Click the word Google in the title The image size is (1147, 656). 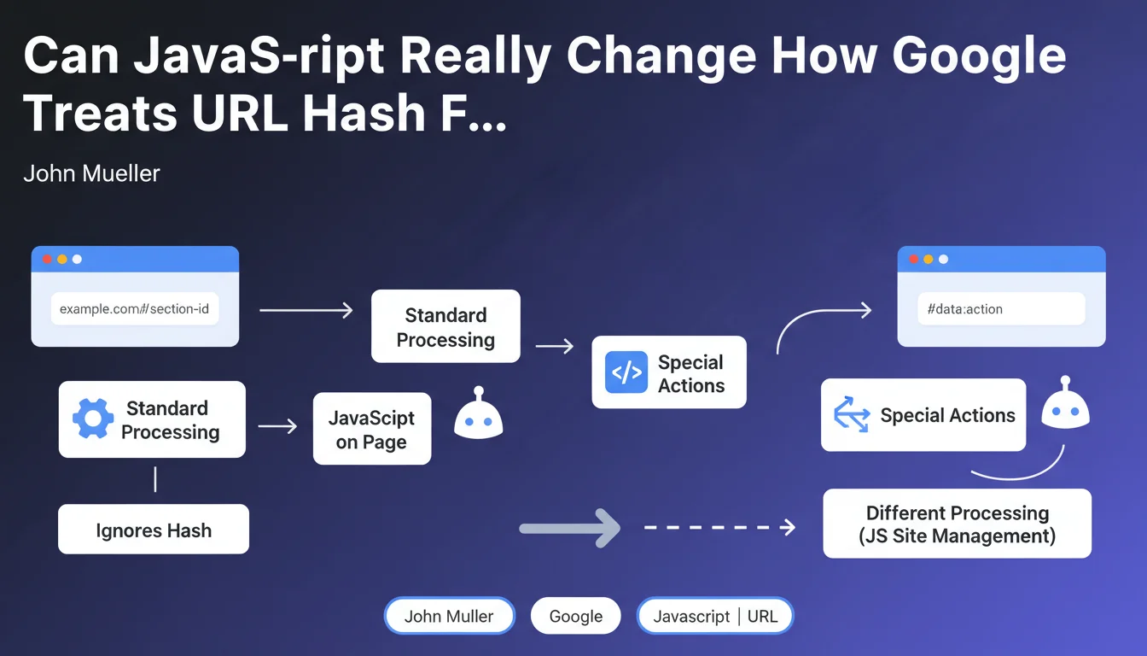pyautogui.click(x=979, y=57)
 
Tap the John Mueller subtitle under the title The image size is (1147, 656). pyautogui.click(x=91, y=173)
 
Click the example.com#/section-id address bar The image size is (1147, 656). pyautogui.click(x=135, y=308)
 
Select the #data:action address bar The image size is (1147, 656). pyautogui.click(x=1001, y=308)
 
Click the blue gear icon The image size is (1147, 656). pyautogui.click(x=93, y=419)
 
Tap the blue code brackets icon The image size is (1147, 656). pyautogui.click(x=626, y=372)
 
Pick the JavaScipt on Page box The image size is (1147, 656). pyautogui.click(x=372, y=429)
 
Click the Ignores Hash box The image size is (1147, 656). pyautogui.click(x=154, y=529)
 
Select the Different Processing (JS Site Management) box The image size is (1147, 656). pyautogui.click(x=957, y=524)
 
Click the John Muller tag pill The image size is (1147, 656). pyautogui.click(x=450, y=616)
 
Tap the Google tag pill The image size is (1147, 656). pyautogui.click(x=575, y=616)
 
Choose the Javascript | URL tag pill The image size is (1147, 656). pyautogui.click(x=715, y=616)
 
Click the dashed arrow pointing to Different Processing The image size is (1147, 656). pyautogui.click(x=720, y=527)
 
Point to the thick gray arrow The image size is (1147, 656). pyautogui.click(x=570, y=529)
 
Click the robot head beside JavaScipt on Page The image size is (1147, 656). pyautogui.click(x=478, y=413)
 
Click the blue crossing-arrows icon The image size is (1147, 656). pyautogui.click(x=852, y=414)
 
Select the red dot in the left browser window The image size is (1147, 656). pyautogui.click(x=47, y=260)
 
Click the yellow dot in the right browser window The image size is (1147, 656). pyautogui.click(x=928, y=260)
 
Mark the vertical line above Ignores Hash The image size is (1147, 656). pyautogui.click(x=155, y=480)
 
